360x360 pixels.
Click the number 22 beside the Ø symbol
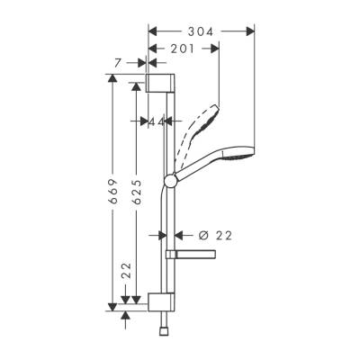(x=224, y=235)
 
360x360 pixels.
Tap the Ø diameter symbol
(x=202, y=235)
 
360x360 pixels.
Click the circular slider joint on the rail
(x=168, y=184)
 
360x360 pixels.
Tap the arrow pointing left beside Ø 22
(x=178, y=235)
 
